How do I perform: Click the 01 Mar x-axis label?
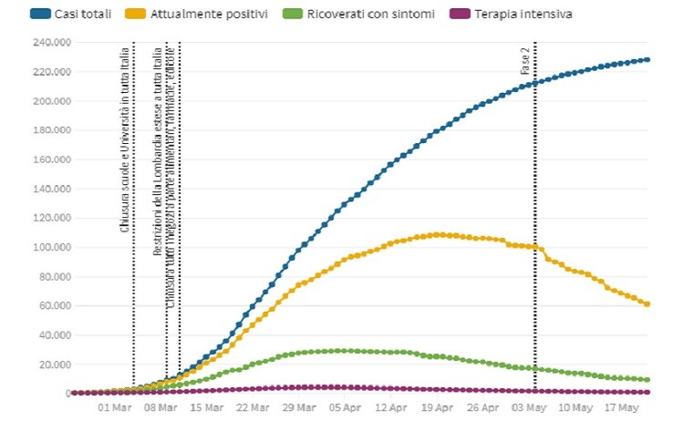click(x=115, y=407)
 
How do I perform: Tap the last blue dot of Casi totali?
click(x=647, y=60)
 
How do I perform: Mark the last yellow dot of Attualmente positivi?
click(x=647, y=303)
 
